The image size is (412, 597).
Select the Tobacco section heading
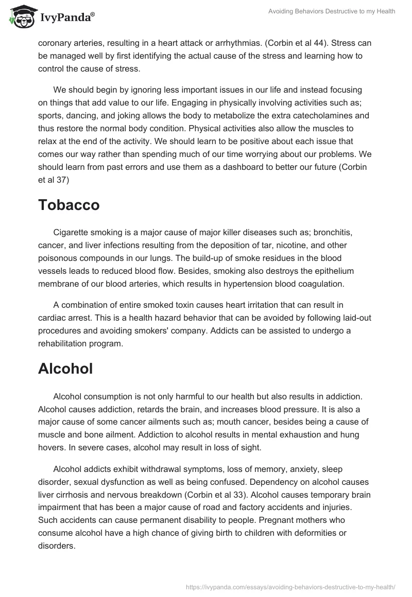pyautogui.click(x=69, y=205)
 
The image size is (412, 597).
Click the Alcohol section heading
pyautogui.click(x=65, y=368)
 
